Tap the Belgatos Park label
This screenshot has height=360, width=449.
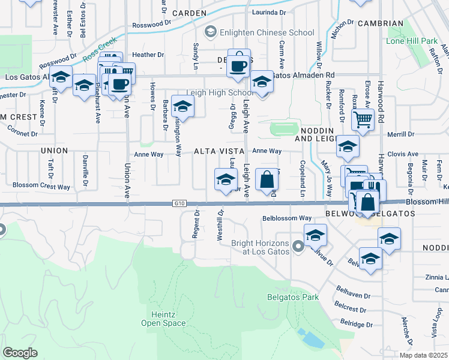point(293,297)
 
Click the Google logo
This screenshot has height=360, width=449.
point(20,353)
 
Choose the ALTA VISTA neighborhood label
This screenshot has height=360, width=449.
point(218,152)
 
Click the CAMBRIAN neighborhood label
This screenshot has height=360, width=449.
point(379,23)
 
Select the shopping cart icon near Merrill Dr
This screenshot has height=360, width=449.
point(363,119)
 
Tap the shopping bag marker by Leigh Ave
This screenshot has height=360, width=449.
point(267,179)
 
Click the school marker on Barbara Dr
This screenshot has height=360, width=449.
point(183,106)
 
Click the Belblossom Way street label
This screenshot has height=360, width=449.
point(287,218)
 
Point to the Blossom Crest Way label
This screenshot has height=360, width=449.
point(41,187)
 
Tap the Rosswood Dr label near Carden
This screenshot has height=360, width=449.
point(148,25)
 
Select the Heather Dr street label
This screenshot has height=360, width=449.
point(148,55)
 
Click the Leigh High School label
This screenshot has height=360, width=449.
point(220,93)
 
